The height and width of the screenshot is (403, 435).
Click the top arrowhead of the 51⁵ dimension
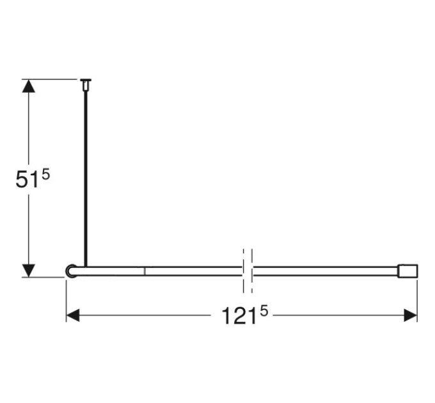pos(29,86)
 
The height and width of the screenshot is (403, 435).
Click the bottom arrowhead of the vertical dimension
pos(29,271)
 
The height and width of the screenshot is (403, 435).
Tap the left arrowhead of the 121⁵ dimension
pos(73,315)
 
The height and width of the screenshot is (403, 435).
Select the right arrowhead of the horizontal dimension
pos(411,315)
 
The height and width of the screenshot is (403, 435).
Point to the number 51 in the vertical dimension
pos(27,180)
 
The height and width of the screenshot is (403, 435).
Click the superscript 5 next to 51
pos(46,175)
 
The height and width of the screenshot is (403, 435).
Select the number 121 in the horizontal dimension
pos(239,315)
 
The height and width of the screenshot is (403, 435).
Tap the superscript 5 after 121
pos(264,311)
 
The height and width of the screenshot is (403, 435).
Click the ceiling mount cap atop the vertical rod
pos(86,84)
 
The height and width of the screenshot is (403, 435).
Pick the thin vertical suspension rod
pos(86,179)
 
